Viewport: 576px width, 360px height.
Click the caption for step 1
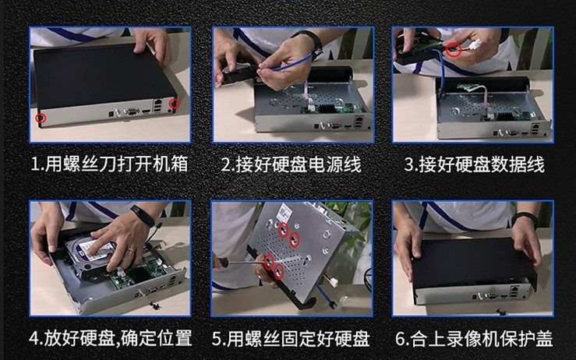point(109,164)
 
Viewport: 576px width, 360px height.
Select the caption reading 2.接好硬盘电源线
point(292,164)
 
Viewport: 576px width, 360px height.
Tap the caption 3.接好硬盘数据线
point(474,164)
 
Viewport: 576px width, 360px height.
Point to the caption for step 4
point(111,338)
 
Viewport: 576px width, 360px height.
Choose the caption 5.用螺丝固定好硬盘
point(291,338)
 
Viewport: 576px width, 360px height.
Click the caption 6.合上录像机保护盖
point(474,338)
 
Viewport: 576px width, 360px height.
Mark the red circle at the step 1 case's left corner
point(41,118)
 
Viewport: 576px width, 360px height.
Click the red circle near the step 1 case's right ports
point(174,104)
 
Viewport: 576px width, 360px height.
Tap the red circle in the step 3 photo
point(454,50)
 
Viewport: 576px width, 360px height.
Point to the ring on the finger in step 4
point(131,250)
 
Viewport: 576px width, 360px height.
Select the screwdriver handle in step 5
point(221,263)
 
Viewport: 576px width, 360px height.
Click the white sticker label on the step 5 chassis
point(283,213)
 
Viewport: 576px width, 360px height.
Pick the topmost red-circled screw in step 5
point(283,230)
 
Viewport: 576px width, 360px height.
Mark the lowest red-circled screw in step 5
point(278,272)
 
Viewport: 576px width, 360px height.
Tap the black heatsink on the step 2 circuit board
point(327,108)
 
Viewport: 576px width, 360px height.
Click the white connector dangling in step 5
point(334,282)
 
